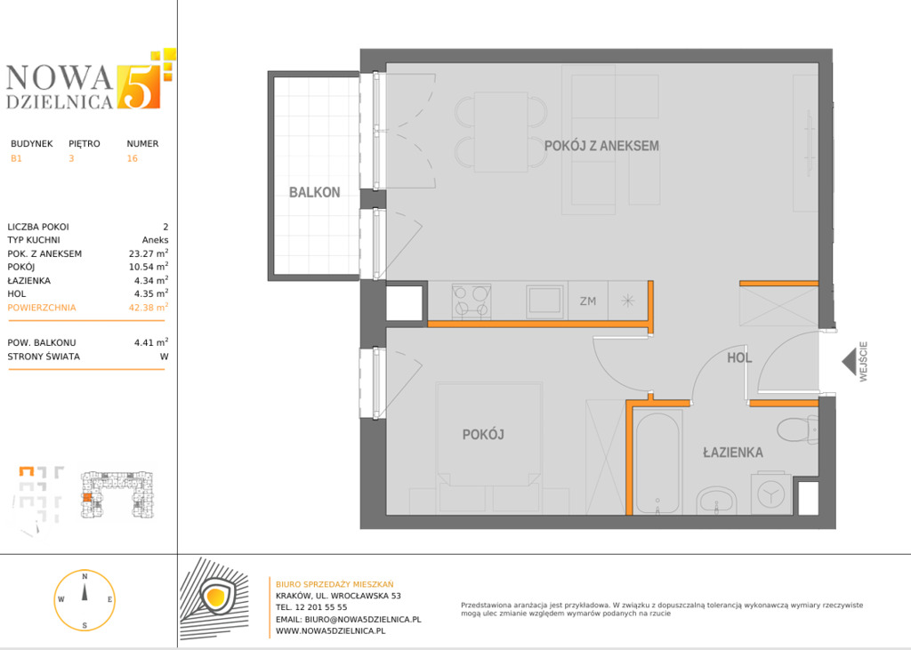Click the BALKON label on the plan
tap(314, 192)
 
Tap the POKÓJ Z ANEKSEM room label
tap(601, 146)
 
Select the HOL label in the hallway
tap(739, 357)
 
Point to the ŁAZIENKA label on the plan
tap(733, 452)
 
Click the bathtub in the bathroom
tap(657, 462)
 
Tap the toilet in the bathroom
tap(798, 430)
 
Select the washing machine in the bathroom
tap(771, 494)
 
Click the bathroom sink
tap(717, 501)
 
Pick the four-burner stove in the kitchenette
tap(472, 301)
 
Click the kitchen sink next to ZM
tap(545, 301)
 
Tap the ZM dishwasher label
tap(588, 301)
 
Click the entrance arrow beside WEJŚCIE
tap(849, 361)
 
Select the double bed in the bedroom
tap(488, 433)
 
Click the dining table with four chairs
tap(501, 132)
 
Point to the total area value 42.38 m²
tap(149, 308)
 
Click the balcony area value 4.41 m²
tap(151, 342)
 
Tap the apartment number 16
tap(133, 158)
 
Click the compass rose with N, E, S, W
tap(85, 600)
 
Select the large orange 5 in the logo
tap(138, 86)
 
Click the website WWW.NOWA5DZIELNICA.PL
tap(331, 630)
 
